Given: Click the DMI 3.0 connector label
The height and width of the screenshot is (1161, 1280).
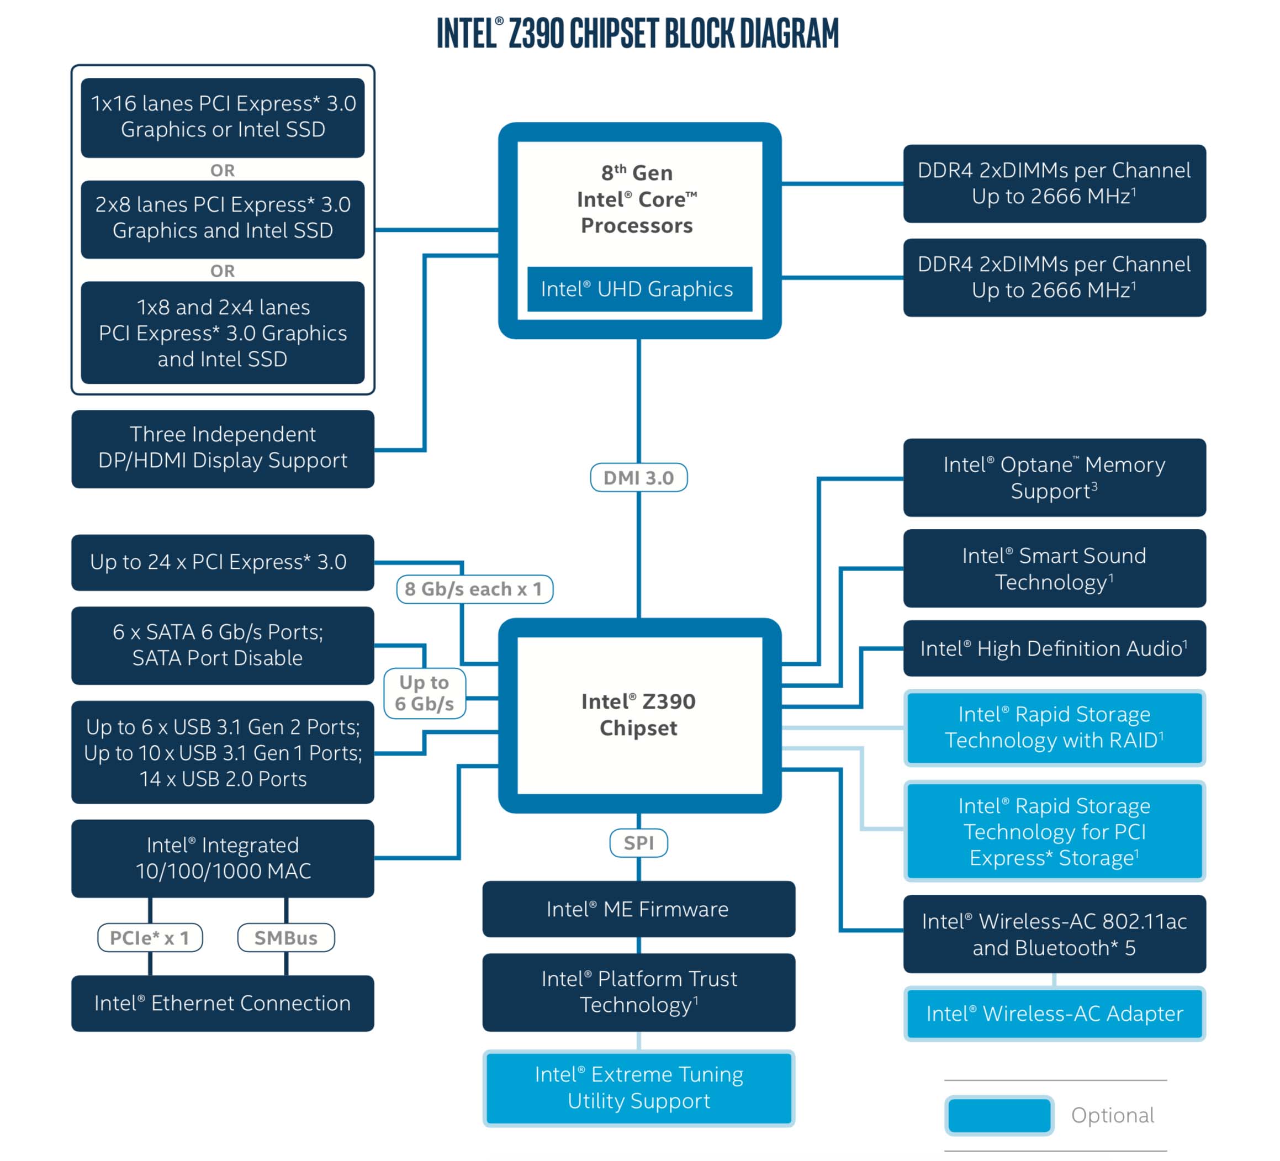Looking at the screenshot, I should click(638, 478).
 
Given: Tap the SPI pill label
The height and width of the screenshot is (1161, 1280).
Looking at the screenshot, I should click(638, 843).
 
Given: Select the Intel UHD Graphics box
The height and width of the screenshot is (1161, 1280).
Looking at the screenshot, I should click(638, 289).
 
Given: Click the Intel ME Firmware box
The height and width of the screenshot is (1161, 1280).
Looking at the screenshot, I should click(638, 909).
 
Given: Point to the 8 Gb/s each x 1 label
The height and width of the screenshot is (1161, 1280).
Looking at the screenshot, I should click(474, 589).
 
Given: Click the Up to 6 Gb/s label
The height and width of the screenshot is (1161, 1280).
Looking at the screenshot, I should click(424, 693).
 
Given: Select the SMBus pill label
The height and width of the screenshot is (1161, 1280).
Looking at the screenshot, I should click(285, 937).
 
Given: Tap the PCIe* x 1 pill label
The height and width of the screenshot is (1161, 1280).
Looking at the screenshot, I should click(150, 937).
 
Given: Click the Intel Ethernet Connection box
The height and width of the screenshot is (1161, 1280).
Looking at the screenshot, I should click(222, 1003).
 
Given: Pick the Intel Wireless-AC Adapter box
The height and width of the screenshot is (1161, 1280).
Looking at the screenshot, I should click(1054, 1013).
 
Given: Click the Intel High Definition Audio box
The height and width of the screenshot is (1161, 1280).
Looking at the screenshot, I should click(1054, 648).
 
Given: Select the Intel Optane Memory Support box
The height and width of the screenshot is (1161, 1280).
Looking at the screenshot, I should click(1054, 478).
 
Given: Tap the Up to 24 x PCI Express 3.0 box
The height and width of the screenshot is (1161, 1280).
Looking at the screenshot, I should click(222, 562).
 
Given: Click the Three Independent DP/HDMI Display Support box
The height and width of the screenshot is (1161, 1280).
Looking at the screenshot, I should click(222, 448).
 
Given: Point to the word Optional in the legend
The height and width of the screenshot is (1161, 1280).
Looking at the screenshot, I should click(1112, 1115).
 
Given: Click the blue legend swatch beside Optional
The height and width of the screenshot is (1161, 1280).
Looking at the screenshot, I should click(999, 1115).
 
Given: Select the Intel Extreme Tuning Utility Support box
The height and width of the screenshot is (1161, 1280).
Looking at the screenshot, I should click(638, 1088).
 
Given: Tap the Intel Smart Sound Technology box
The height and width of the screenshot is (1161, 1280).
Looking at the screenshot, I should click(1054, 568).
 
